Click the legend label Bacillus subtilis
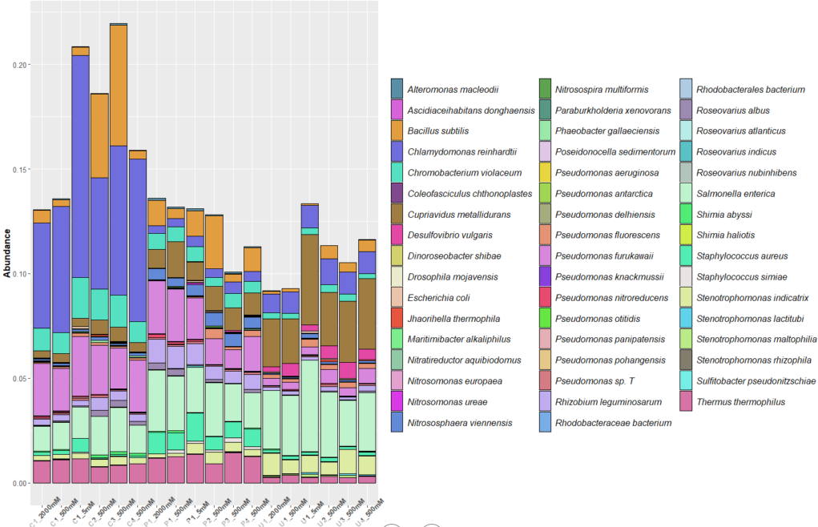tap(438, 131)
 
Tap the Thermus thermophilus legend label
tap(739, 401)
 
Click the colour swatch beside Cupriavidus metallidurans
tap(397, 214)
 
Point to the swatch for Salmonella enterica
tap(686, 193)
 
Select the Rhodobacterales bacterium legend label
tap(751, 89)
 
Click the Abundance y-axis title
tap(7, 253)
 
